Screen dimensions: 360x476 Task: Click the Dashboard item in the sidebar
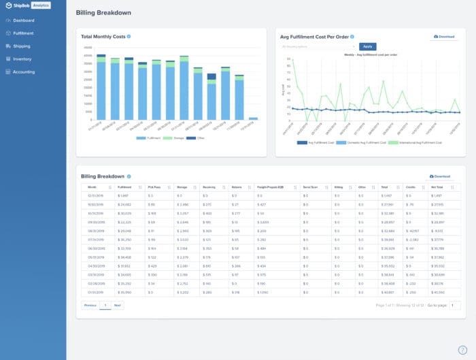[x=23, y=20]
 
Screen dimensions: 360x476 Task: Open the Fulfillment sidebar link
[x=23, y=33]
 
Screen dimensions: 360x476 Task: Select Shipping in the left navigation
[x=21, y=46]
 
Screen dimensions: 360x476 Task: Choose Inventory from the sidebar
[x=22, y=59]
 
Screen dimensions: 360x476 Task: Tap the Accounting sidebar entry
[x=24, y=71]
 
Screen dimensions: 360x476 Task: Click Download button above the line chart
[x=444, y=37]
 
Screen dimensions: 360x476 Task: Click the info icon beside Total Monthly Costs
[x=129, y=36]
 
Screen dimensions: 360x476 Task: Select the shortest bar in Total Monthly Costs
[x=253, y=118]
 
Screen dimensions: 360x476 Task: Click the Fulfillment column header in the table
[x=125, y=186]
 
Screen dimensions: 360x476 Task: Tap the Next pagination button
[x=118, y=306]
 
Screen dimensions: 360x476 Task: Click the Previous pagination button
[x=90, y=306]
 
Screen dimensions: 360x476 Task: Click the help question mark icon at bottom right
[x=462, y=350]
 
